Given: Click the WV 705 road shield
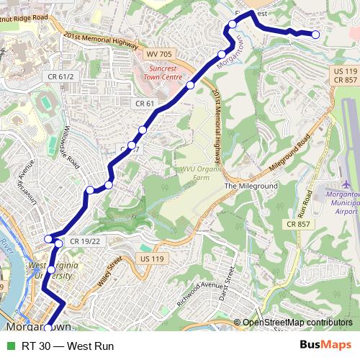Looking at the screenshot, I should point(160,54).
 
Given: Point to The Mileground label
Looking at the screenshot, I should point(251,186).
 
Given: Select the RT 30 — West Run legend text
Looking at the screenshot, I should point(68,346).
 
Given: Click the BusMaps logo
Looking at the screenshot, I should point(325,346).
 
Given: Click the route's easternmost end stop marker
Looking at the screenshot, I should point(315,35).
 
